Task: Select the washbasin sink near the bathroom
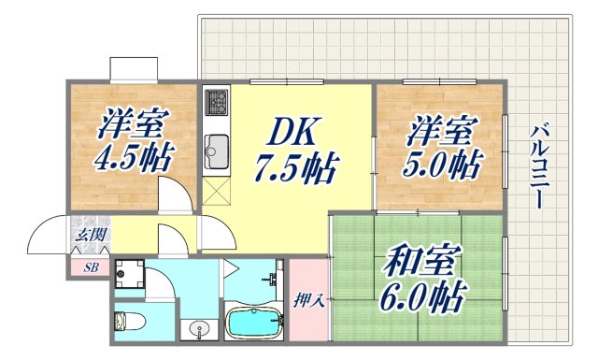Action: click(x=198, y=330)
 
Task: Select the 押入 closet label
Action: click(x=309, y=301)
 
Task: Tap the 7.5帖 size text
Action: click(x=296, y=170)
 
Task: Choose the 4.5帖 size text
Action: click(x=134, y=156)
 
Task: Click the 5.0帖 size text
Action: click(x=443, y=166)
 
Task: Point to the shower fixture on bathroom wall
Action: click(x=274, y=278)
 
